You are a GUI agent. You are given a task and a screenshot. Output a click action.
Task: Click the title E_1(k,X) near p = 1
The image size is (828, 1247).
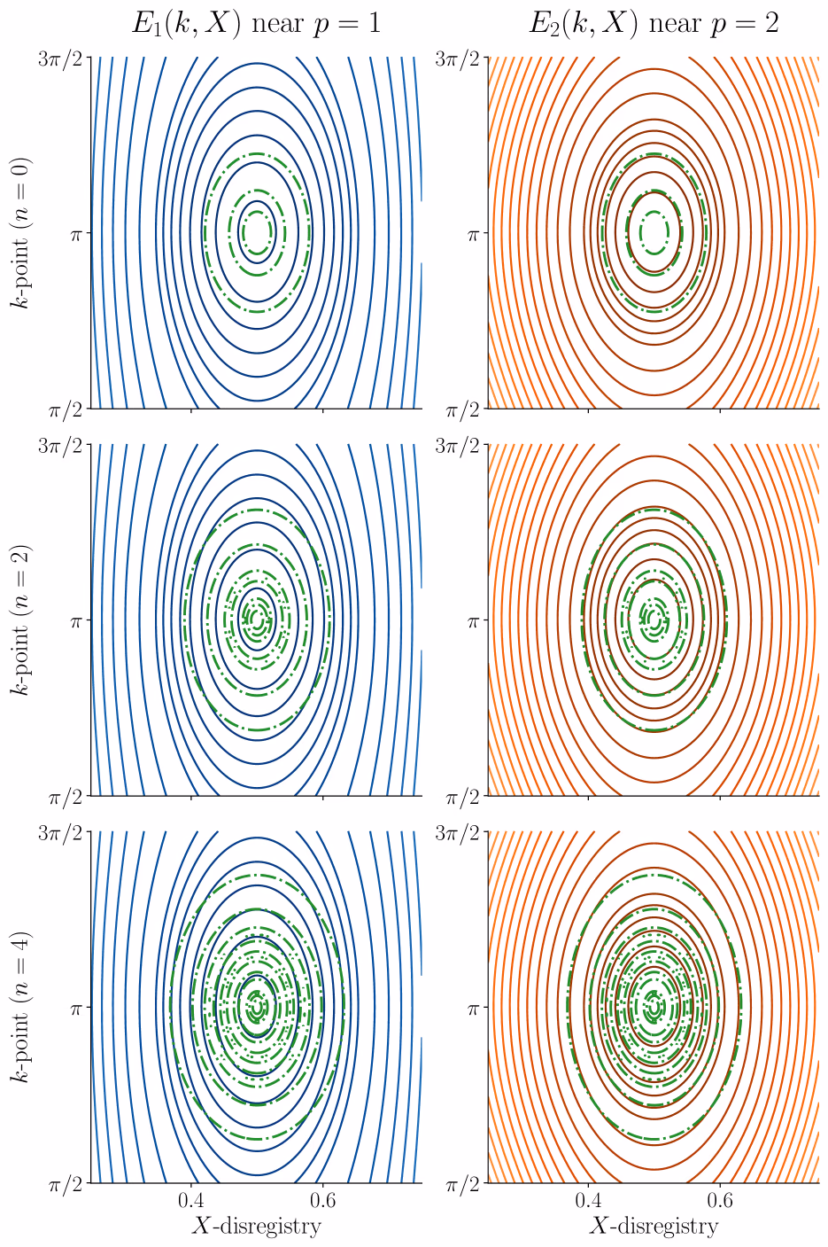tap(256, 23)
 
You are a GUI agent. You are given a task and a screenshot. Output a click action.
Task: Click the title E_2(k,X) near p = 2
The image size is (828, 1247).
tap(654, 23)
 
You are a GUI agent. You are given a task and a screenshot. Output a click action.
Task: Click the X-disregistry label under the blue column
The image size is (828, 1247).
tap(256, 1226)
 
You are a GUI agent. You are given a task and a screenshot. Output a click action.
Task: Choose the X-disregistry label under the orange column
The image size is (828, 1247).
tap(654, 1226)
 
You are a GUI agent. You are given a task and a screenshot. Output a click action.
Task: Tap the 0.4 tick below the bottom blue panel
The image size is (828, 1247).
tap(190, 1200)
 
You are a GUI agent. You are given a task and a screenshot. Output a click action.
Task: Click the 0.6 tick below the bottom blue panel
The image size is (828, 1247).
tap(323, 1200)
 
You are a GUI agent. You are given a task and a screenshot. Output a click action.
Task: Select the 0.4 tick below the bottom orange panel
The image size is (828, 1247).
tap(588, 1200)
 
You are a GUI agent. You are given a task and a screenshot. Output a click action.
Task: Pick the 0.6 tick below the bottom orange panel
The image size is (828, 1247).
tap(721, 1200)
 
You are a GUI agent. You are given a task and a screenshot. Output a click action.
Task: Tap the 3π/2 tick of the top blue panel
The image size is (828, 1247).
tap(66, 60)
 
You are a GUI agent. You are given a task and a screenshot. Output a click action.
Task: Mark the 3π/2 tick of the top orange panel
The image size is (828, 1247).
tap(463, 60)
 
